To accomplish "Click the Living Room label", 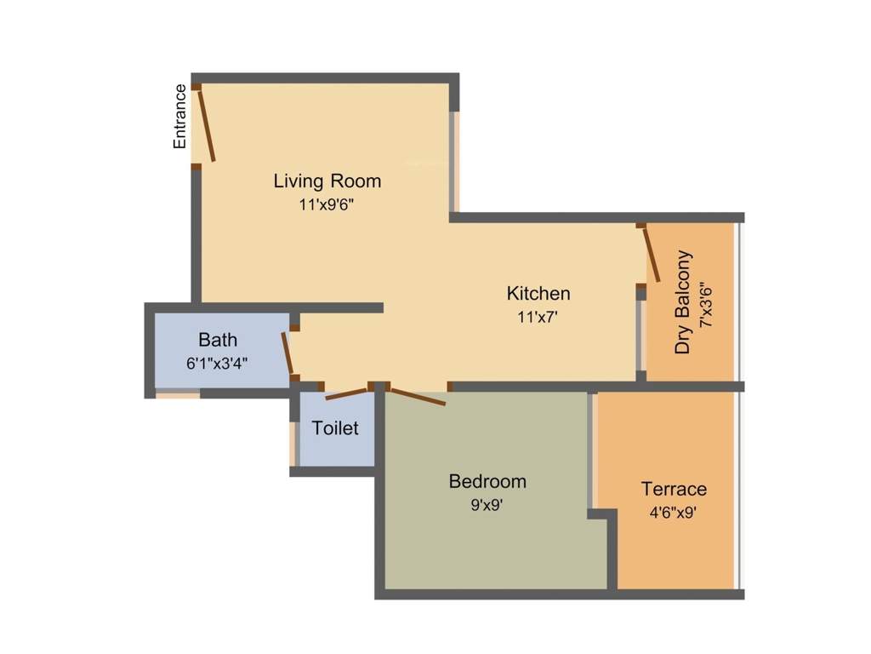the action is (327, 181).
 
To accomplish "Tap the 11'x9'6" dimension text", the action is (327, 205).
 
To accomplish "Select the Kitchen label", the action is (538, 293).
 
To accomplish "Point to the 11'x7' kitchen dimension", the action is (538, 317).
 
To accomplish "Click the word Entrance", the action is (179, 116).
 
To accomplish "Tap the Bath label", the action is (218, 339).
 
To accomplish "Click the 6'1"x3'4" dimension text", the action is (217, 364).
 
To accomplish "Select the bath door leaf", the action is (287, 353).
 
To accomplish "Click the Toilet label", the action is (335, 427).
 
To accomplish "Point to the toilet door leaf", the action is (347, 393).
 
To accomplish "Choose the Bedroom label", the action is (487, 481).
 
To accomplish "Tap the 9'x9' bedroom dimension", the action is (487, 505).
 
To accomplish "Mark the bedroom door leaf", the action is (417, 397).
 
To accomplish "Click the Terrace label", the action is (674, 489).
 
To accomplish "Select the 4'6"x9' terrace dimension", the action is (674, 512).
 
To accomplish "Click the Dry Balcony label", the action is (683, 302).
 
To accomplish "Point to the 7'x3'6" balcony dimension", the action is (706, 307).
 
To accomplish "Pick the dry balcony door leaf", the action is (652, 254).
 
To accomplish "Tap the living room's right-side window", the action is (455, 161).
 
